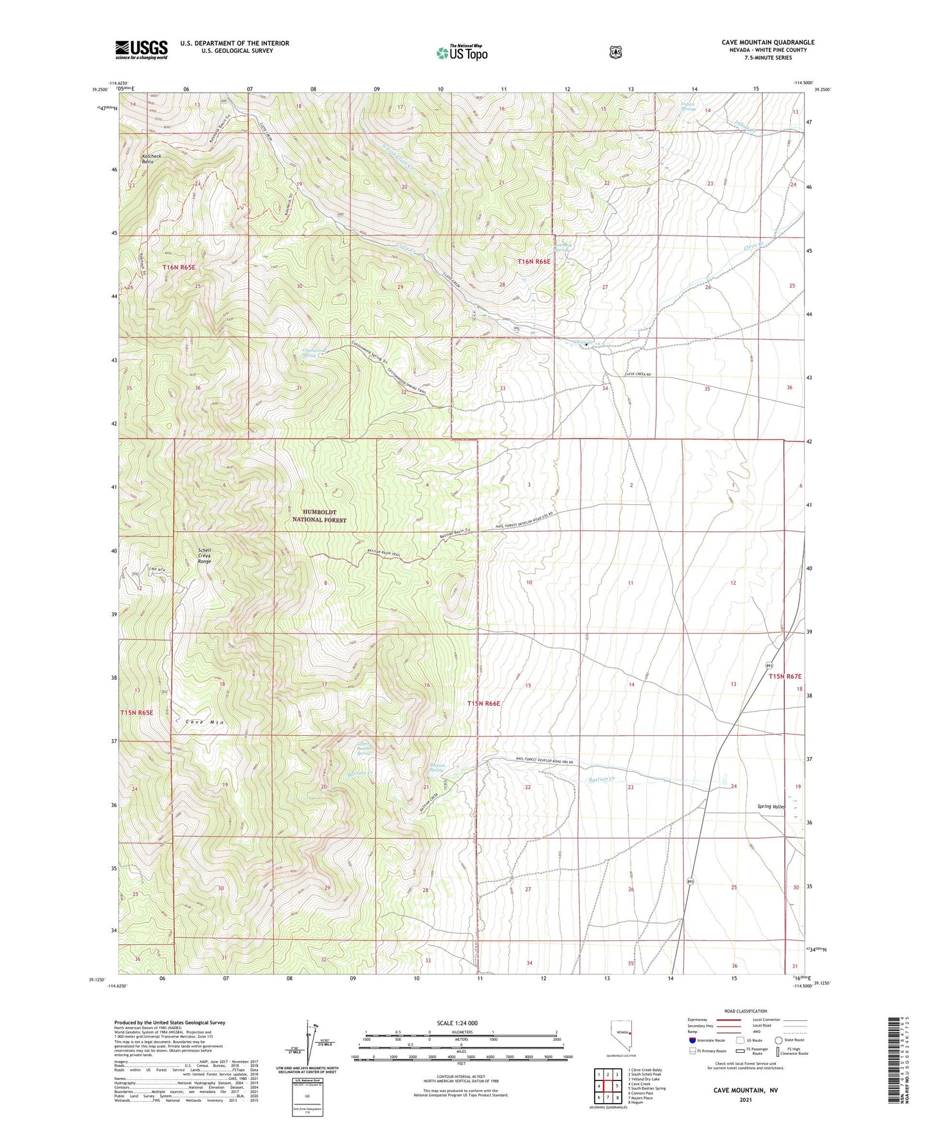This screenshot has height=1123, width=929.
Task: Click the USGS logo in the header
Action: (x=141, y=49)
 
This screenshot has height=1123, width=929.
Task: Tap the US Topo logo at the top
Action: (x=462, y=53)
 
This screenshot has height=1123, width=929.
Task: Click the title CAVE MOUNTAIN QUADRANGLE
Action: (x=768, y=42)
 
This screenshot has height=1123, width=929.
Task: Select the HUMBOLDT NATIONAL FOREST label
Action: (x=320, y=516)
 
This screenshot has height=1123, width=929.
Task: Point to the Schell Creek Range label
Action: (x=204, y=556)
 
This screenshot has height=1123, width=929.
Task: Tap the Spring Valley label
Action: (x=771, y=806)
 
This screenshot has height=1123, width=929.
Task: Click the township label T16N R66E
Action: (x=534, y=262)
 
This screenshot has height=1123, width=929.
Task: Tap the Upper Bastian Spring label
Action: (x=365, y=749)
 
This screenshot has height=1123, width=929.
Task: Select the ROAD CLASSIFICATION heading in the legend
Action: (x=745, y=1012)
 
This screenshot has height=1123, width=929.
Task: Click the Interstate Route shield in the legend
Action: (x=692, y=1040)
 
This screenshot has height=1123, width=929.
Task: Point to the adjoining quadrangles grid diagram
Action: (x=607, y=1086)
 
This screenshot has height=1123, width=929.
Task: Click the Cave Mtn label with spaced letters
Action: (x=204, y=722)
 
